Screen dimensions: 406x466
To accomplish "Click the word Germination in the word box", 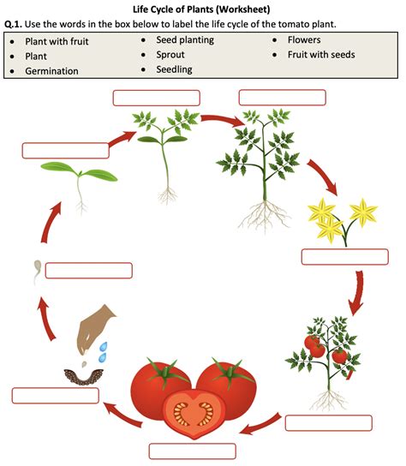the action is tap(51, 71).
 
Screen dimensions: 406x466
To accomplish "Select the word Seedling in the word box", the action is tap(174, 69).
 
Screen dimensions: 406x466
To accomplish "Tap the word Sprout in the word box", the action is tap(170, 55).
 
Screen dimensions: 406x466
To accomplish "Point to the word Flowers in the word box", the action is tap(304, 39).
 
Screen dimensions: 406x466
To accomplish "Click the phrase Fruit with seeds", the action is tap(321, 55).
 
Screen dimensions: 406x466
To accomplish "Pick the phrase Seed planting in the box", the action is tap(185, 40).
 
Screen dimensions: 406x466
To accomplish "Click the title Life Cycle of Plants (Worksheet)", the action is tap(201, 9).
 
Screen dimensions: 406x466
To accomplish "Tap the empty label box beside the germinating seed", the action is tap(89, 271).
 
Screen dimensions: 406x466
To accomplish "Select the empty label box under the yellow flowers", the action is tap(345, 257).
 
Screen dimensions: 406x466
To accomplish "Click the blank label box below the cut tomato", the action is tap(193, 451).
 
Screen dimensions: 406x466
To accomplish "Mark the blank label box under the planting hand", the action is tap(56, 396).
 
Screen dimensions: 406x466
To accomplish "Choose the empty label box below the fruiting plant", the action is tap(329, 423).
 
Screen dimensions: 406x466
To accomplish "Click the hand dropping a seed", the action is tap(94, 328).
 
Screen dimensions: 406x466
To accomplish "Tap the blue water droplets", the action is tap(103, 352).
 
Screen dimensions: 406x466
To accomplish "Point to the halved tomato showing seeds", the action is tap(193, 413).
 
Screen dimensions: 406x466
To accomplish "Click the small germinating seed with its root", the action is tap(37, 272).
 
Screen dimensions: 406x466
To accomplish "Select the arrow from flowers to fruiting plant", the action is tap(356, 293).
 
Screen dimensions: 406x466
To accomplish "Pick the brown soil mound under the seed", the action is tap(84, 377).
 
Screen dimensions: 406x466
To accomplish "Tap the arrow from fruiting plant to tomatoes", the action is tap(260, 423).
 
